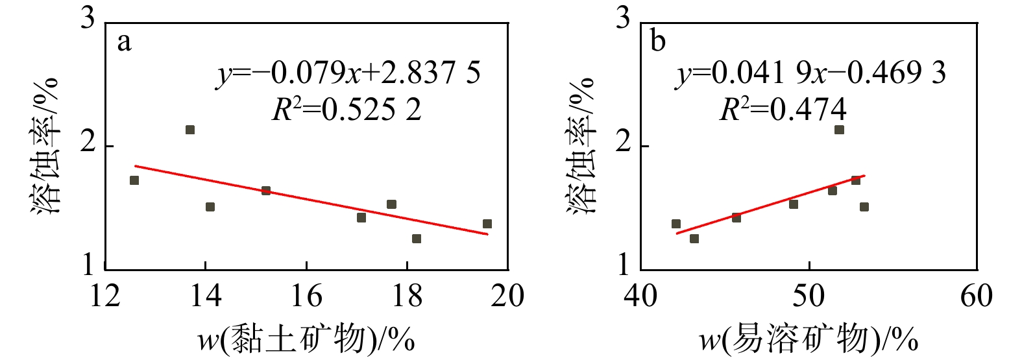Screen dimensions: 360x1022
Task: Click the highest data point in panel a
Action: point(190,130)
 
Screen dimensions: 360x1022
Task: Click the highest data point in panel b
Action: point(839,130)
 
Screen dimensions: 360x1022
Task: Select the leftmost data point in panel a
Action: point(134,180)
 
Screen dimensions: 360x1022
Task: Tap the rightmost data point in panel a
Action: point(487,224)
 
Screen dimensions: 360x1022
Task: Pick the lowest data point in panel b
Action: point(694,239)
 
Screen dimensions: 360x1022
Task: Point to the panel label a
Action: point(123,42)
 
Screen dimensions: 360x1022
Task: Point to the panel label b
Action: point(658,42)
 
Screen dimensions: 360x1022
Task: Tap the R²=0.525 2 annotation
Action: point(346,110)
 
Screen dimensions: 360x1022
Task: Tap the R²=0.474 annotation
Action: point(783,110)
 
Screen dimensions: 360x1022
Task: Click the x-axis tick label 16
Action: point(306,296)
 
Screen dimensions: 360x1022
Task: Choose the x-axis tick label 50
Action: point(809,296)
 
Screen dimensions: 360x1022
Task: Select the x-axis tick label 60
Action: point(977,296)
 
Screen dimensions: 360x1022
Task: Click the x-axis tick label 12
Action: point(105,296)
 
